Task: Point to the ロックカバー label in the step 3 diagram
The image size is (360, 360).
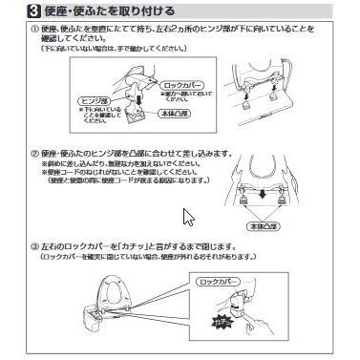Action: tap(245, 284)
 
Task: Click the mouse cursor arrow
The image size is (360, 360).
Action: tap(188, 216)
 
